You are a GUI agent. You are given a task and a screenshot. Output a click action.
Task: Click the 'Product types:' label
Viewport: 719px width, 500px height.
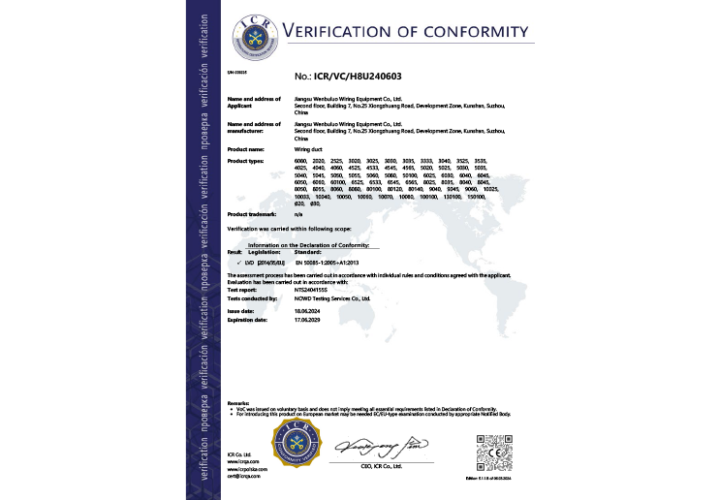coord(246,160)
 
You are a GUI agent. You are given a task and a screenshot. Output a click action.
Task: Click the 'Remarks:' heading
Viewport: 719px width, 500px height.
coord(237,402)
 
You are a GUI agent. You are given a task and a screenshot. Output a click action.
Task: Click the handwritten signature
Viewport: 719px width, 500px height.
coord(379,447)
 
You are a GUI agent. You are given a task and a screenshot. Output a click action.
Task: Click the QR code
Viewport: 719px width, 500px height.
coord(490,451)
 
